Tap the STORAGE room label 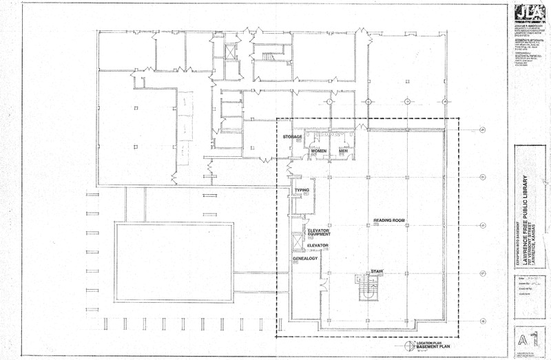click(x=293, y=138)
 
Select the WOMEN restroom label click(x=318, y=151)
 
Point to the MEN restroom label click(x=343, y=151)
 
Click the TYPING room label click(x=302, y=189)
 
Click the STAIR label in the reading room click(x=376, y=271)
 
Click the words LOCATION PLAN click(x=434, y=343)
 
